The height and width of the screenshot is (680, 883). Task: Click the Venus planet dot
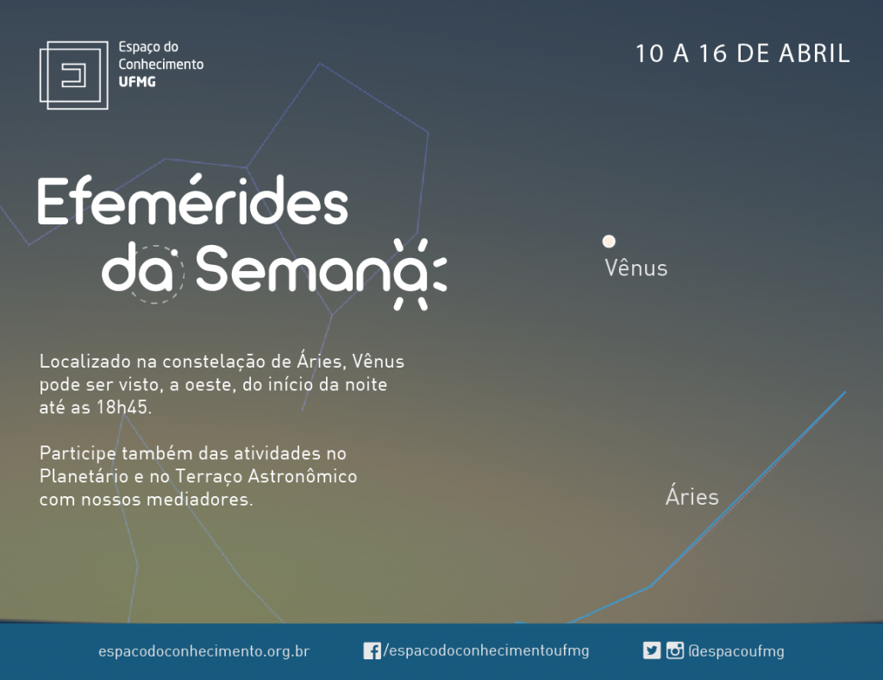(609, 241)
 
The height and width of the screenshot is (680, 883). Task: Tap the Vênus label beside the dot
(636, 268)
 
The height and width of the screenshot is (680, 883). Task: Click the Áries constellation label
(692, 496)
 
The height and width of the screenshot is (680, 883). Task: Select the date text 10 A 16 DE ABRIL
(742, 54)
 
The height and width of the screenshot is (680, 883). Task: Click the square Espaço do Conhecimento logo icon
(74, 75)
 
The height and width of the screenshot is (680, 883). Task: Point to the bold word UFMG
(137, 82)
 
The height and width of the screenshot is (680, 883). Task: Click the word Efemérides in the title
(192, 201)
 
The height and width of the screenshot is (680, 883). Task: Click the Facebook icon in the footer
(372, 651)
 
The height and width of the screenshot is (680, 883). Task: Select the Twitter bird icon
(652, 651)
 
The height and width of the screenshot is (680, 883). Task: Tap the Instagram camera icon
(674, 651)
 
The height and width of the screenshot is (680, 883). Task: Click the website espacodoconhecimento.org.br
(204, 652)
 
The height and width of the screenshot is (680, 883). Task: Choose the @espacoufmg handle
(736, 652)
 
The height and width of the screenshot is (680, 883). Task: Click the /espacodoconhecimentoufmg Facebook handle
(486, 651)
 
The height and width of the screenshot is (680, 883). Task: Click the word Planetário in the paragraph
(84, 476)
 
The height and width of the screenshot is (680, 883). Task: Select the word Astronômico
(303, 476)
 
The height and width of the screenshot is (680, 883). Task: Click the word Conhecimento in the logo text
(161, 64)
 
